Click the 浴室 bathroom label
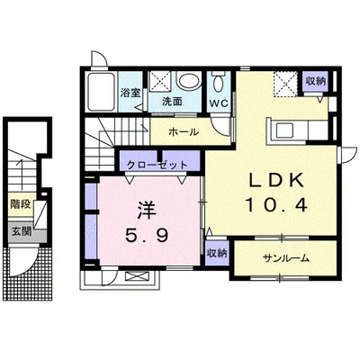pyautogui.click(x=130, y=93)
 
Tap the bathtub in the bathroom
pyautogui.click(x=101, y=91)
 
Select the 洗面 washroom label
pyautogui.click(x=172, y=102)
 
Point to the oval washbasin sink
pyautogui.click(x=188, y=81)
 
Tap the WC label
pyautogui.click(x=219, y=103)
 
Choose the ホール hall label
pyautogui.click(x=184, y=131)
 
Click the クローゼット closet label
pyautogui.click(x=157, y=165)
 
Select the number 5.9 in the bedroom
pyautogui.click(x=147, y=236)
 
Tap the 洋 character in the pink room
pyautogui.click(x=147, y=210)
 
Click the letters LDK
pyautogui.click(x=276, y=181)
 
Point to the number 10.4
pyautogui.click(x=276, y=205)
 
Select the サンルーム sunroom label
pyautogui.click(x=285, y=258)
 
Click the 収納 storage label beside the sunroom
pyautogui.click(x=217, y=254)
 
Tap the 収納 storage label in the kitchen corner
pyautogui.click(x=315, y=81)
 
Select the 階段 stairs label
pyautogui.click(x=21, y=204)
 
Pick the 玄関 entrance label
pyautogui.click(x=22, y=231)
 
